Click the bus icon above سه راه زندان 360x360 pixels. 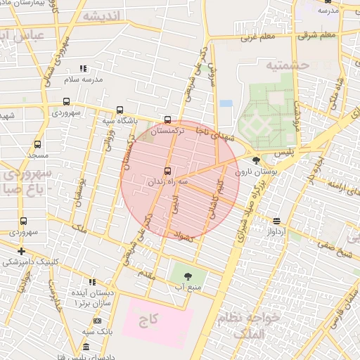point(167,171)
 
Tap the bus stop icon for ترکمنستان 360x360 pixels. point(167,120)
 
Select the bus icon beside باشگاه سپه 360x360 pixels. point(120,110)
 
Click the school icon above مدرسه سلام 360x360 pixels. point(83,69)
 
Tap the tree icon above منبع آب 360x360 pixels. point(187,276)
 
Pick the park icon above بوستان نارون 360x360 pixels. point(255,161)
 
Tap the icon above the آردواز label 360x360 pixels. point(276,221)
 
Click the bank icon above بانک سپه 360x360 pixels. point(97,321)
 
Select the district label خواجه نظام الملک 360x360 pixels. point(251,325)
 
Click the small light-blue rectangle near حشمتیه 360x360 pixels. point(226,103)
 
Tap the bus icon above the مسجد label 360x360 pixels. point(37,144)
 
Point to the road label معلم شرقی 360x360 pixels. point(318,34)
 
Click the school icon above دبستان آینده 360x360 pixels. point(92,282)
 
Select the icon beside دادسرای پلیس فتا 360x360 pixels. point(86,347)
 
